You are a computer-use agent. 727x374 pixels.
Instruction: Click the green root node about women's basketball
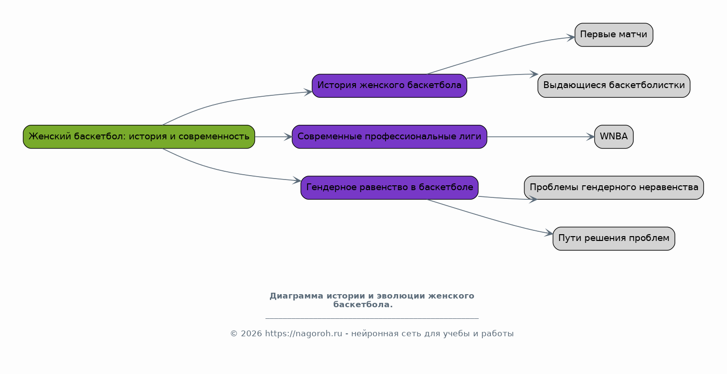click(139, 136)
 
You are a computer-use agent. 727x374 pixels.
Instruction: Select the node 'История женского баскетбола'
click(389, 86)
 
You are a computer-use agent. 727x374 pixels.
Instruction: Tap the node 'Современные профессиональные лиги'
click(389, 136)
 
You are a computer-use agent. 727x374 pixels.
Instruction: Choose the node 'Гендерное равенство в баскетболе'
click(389, 188)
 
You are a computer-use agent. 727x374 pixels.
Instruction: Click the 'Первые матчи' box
click(614, 35)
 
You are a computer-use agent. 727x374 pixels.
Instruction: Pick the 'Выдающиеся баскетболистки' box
click(614, 86)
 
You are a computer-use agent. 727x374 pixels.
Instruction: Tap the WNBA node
click(614, 136)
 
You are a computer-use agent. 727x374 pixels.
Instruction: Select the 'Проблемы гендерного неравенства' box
click(614, 188)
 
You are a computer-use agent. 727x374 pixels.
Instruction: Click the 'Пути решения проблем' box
click(614, 239)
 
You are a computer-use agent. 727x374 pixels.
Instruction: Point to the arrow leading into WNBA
click(541, 136)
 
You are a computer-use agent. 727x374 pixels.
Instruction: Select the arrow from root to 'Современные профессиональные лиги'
click(273, 136)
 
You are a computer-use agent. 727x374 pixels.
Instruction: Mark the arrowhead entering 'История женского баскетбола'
click(308, 92)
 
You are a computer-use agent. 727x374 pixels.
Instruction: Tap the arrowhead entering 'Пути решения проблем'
click(549, 233)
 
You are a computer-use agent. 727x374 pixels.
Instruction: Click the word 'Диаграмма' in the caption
click(297, 296)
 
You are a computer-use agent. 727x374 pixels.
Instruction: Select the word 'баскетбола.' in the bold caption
click(363, 304)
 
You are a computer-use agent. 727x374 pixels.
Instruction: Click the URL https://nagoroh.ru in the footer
click(303, 334)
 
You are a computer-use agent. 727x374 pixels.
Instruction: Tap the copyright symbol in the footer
click(234, 334)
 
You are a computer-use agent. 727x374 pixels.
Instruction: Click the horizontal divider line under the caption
click(372, 318)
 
